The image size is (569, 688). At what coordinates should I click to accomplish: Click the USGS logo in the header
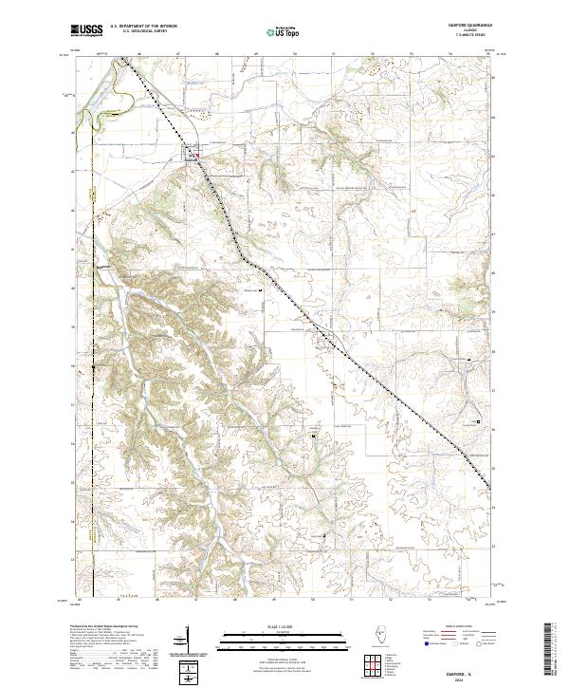pyautogui.click(x=86, y=30)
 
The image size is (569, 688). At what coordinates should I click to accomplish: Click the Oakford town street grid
pyautogui.click(x=191, y=153)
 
